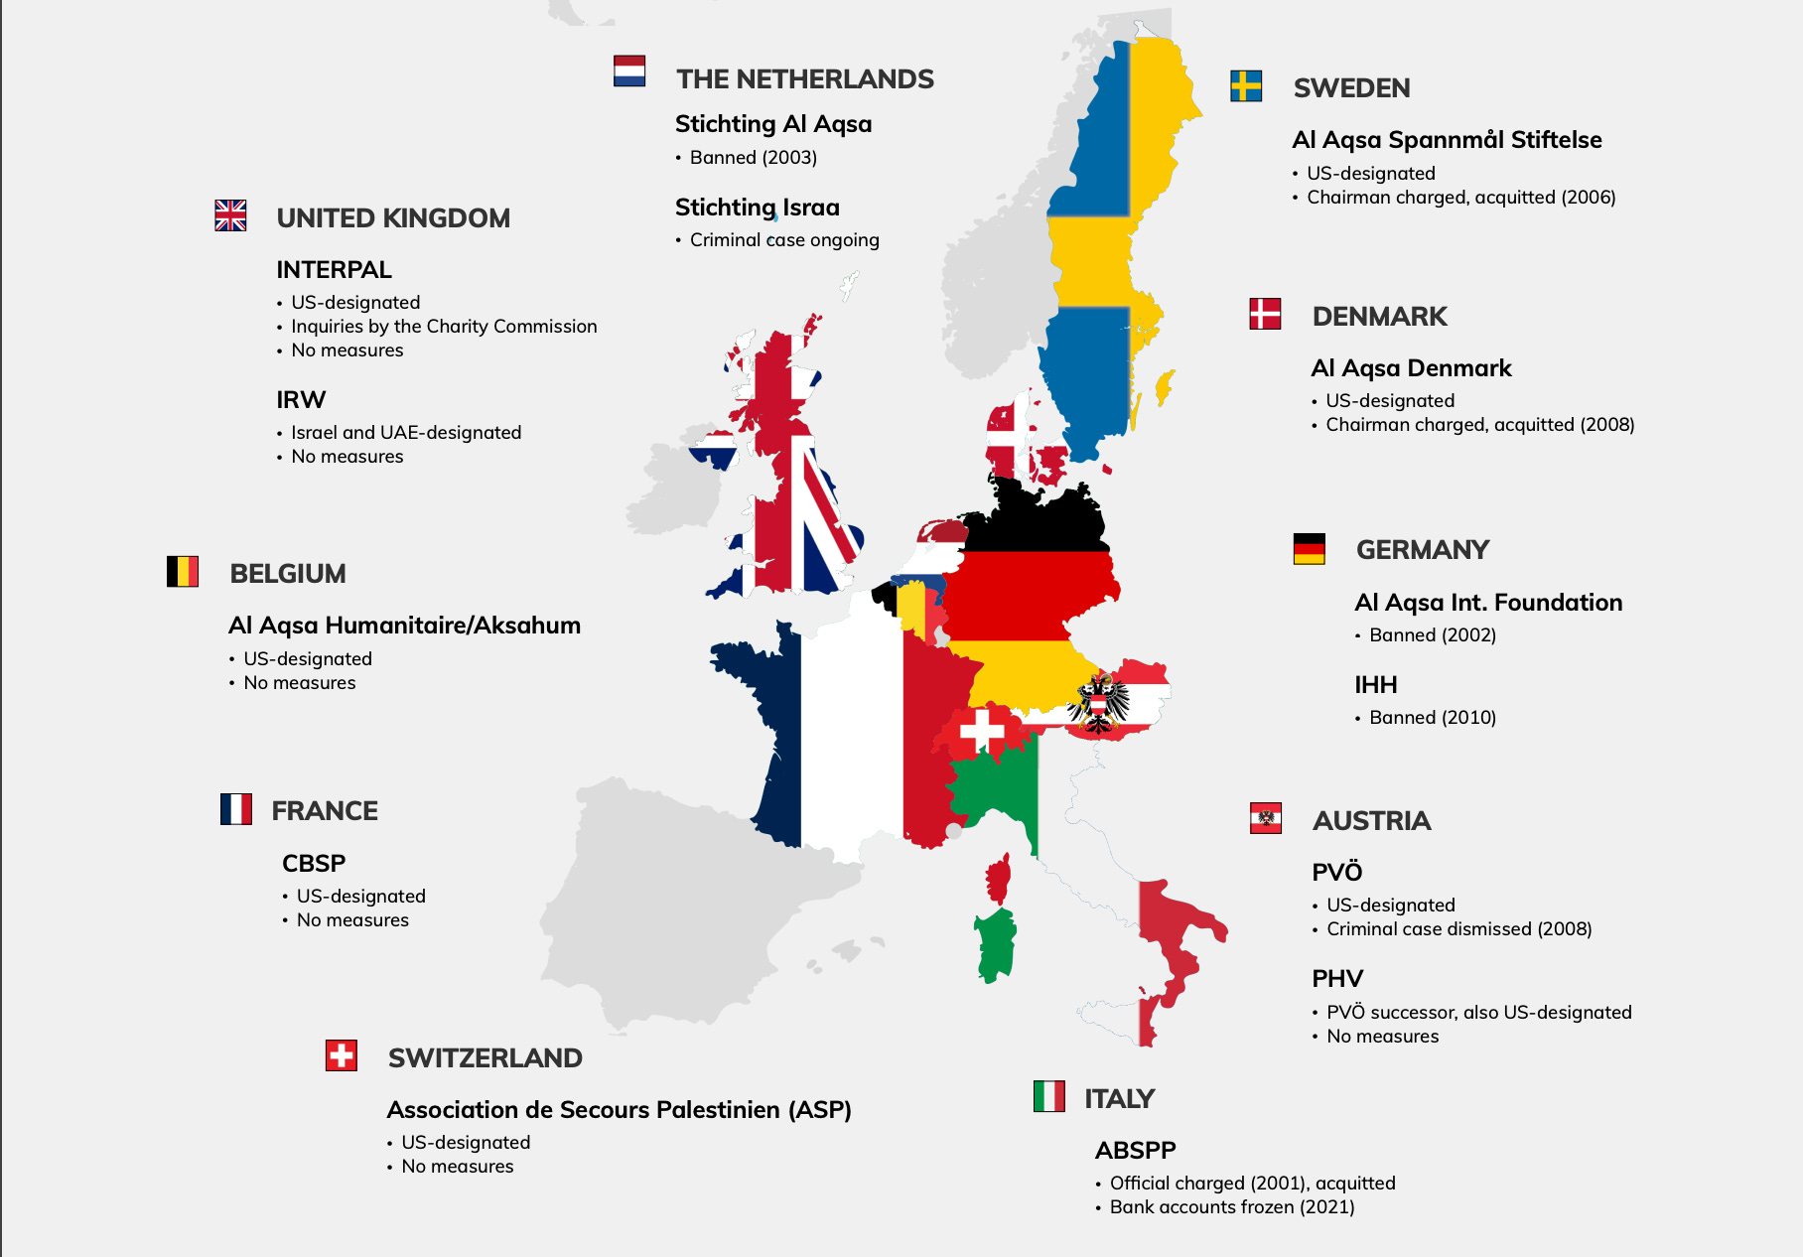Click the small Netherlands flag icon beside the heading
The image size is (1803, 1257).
pyautogui.click(x=629, y=71)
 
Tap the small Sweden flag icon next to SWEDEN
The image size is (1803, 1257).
pyautogui.click(x=1246, y=86)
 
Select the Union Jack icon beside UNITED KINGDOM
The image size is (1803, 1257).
pyautogui.click(x=230, y=215)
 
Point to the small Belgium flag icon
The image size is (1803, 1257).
pyautogui.click(x=183, y=572)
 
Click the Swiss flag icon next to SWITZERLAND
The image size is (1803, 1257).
pyautogui.click(x=342, y=1055)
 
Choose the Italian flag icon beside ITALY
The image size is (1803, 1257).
pyautogui.click(x=1048, y=1096)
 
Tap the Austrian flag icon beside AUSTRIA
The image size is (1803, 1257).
pyautogui.click(x=1266, y=818)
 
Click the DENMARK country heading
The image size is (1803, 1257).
pyautogui.click(x=1379, y=317)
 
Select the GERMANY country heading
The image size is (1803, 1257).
pyautogui.click(x=1422, y=550)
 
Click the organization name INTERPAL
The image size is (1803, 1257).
pyautogui.click(x=334, y=270)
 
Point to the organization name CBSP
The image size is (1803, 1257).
pyautogui.click(x=314, y=864)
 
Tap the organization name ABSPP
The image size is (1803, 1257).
pyautogui.click(x=1135, y=1151)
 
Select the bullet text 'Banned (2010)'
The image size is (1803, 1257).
pyautogui.click(x=1432, y=718)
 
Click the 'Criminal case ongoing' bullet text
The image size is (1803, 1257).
pyautogui.click(x=784, y=240)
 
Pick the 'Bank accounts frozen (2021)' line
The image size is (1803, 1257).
pyautogui.click(x=1231, y=1207)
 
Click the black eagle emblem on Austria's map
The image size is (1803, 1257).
pyautogui.click(x=1098, y=703)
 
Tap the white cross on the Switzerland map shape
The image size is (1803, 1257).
pyautogui.click(x=982, y=730)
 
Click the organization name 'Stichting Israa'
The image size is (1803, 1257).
pyautogui.click(x=757, y=208)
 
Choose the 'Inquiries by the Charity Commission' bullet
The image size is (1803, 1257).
pyautogui.click(x=444, y=327)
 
